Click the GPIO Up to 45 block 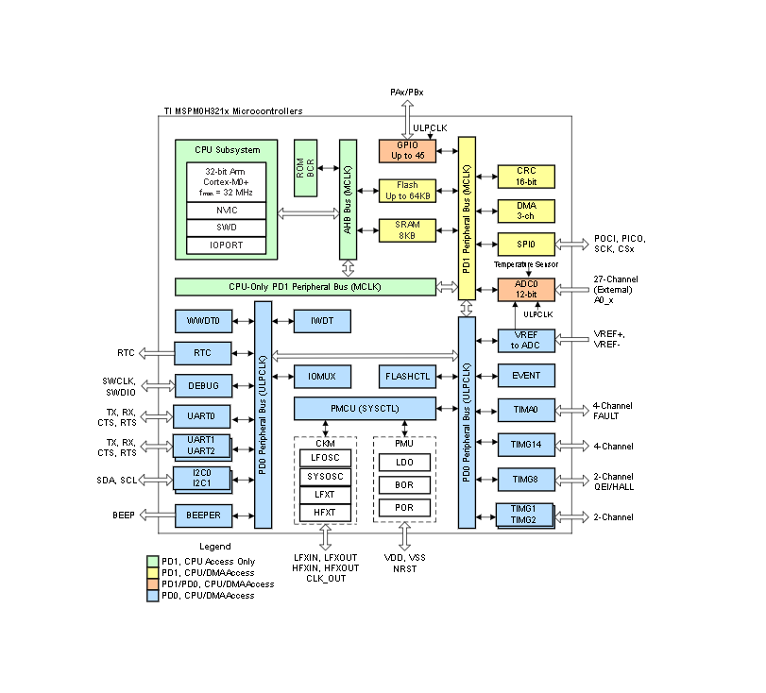(x=407, y=150)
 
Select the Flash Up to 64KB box (x=407, y=190)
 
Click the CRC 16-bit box (x=526, y=177)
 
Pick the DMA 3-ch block (x=526, y=211)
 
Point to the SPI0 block (x=526, y=244)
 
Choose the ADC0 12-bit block (x=526, y=289)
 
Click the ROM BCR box (x=305, y=167)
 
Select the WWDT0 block (x=203, y=321)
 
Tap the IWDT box (x=321, y=321)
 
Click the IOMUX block (x=321, y=376)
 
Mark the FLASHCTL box (x=407, y=376)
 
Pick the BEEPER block (x=203, y=516)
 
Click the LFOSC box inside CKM (x=324, y=457)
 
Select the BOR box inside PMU (x=403, y=484)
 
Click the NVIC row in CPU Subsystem (x=226, y=210)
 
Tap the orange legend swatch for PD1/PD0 (x=153, y=584)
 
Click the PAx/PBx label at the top (x=407, y=92)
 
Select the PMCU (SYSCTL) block (x=365, y=408)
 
